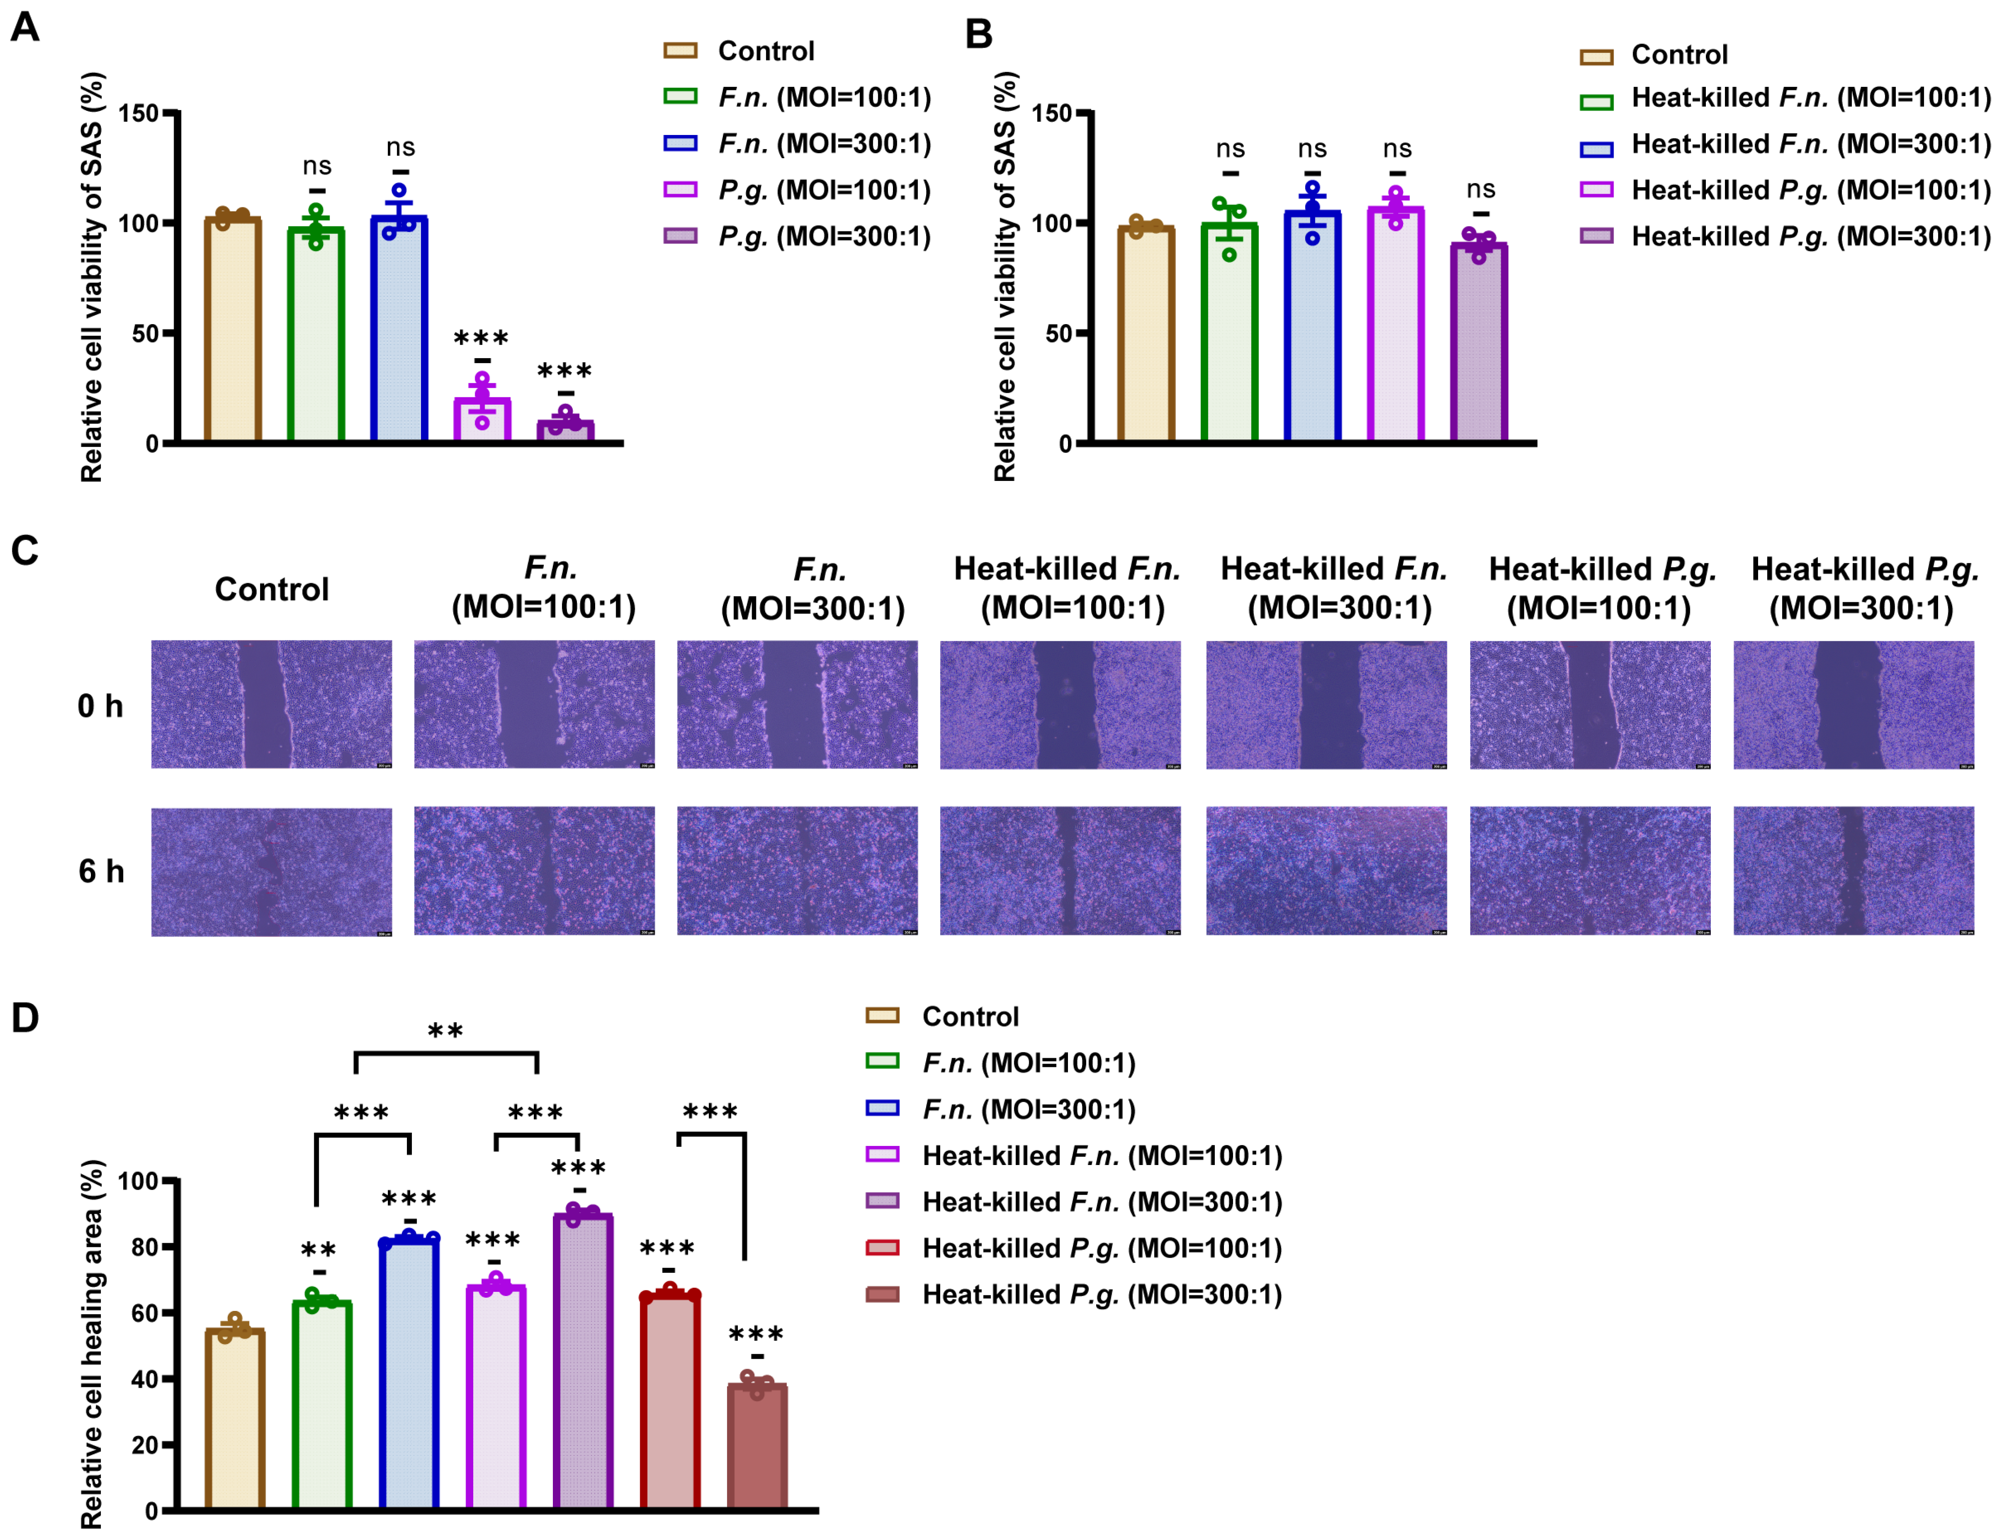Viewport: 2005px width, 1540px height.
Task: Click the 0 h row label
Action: [x=100, y=706]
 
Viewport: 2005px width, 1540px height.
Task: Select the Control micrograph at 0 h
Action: [x=271, y=704]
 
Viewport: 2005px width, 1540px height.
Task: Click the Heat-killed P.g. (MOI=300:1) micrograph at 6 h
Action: [x=1853, y=871]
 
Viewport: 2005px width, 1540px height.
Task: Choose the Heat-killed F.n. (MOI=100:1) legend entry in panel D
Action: [x=1100, y=1156]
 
